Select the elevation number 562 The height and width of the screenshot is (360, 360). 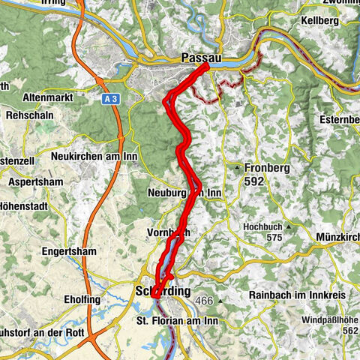click(x=349, y=330)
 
